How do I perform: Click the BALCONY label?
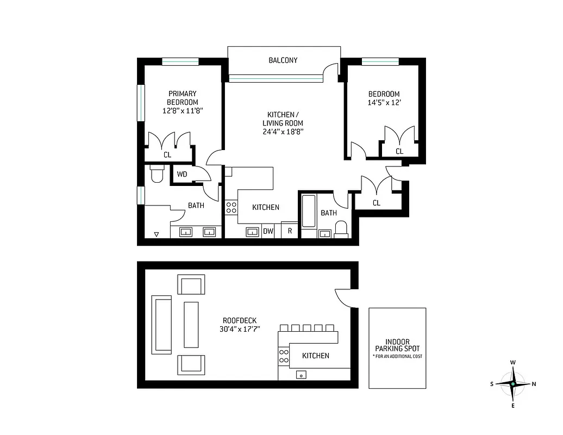pyautogui.click(x=283, y=60)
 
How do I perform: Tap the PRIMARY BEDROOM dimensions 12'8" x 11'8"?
pyautogui.click(x=182, y=110)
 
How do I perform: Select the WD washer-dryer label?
pyautogui.click(x=182, y=175)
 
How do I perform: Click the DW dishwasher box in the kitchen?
pyautogui.click(x=268, y=231)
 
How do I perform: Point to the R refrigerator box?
pyautogui.click(x=290, y=231)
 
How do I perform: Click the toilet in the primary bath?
pyautogui.click(x=157, y=175)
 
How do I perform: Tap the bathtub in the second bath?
pyautogui.click(x=308, y=212)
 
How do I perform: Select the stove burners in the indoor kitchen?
pyautogui.click(x=231, y=208)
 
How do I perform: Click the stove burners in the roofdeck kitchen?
pyautogui.click(x=284, y=356)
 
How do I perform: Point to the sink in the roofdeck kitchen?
pyautogui.click(x=301, y=375)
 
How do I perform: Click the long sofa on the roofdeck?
pyautogui.click(x=161, y=325)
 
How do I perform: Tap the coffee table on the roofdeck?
pyautogui.click(x=191, y=325)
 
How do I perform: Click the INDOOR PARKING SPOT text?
pyautogui.click(x=397, y=344)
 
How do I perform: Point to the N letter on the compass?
pyautogui.click(x=534, y=384)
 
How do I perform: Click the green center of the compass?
pyautogui.click(x=512, y=384)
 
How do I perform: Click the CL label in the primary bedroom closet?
pyautogui.click(x=167, y=155)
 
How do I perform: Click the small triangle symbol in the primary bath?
pyautogui.click(x=157, y=234)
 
